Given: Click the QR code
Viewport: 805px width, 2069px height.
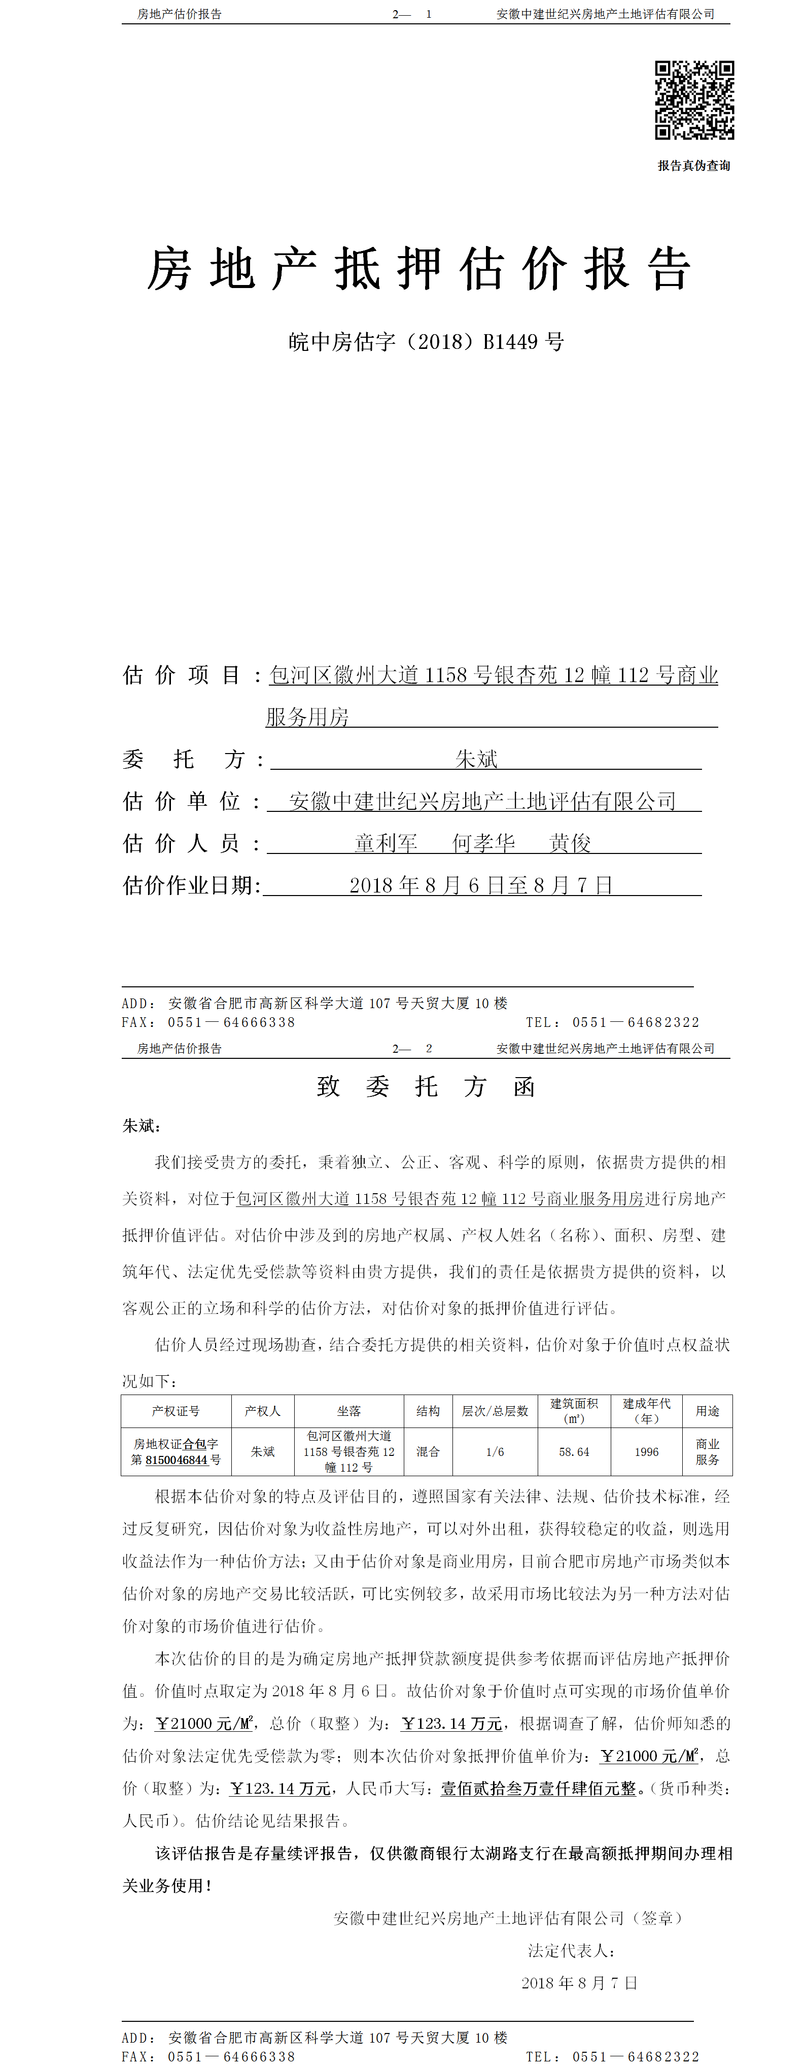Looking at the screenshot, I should tap(694, 100).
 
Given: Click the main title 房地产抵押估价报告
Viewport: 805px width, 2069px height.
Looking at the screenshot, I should tap(418, 269).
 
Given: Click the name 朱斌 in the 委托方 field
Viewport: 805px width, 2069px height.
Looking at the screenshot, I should tap(476, 759).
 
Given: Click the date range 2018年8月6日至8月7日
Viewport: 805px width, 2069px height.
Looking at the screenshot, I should tap(480, 885).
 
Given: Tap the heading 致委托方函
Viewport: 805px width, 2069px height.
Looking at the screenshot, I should tap(425, 1087).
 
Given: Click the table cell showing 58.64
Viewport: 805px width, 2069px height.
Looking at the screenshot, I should tap(574, 1452).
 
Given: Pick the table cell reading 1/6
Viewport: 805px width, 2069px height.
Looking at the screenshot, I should tap(495, 1452).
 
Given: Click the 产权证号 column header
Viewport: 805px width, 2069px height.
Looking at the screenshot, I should tap(176, 1411).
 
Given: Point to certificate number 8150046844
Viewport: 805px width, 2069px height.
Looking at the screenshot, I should tap(177, 1460).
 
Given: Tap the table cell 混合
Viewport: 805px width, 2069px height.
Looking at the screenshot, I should tap(428, 1452).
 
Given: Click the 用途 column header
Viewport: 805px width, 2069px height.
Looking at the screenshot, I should tap(707, 1411).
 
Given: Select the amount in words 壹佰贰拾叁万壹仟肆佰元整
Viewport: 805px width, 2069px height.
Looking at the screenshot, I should tap(538, 1789).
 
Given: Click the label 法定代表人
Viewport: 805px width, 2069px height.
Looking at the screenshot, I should tap(571, 1950).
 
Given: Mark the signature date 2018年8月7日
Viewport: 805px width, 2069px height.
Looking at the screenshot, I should tap(578, 1983).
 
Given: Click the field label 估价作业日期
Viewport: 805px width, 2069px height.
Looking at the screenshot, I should tap(191, 885).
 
